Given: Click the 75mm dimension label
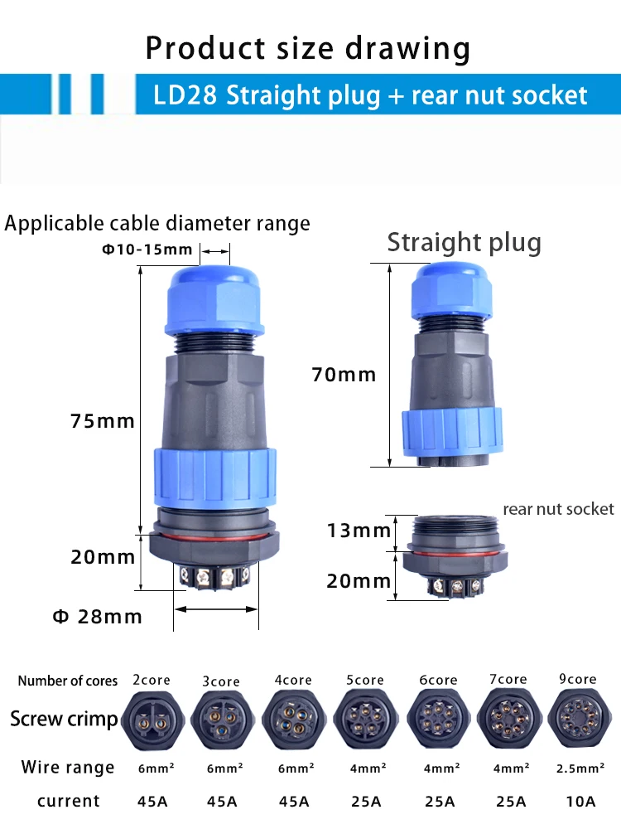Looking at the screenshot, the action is coord(103,421).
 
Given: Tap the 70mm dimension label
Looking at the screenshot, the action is coord(344,375).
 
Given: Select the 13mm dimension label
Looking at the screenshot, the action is coord(359,531).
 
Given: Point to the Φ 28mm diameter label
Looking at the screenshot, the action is coord(97,617).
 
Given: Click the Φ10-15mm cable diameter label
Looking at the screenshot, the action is coord(147,249).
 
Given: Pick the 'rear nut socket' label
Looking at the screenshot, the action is coord(558,509).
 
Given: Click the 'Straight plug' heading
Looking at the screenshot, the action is coord(465,243).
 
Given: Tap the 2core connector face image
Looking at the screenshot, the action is coord(152,719).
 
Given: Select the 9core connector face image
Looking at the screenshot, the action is coord(580,717).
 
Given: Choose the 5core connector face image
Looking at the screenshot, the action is coord(366,719).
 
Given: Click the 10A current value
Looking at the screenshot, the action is coord(580,802).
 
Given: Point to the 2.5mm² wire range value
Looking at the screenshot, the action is coord(580,768).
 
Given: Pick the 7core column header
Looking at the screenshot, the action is coord(508,679).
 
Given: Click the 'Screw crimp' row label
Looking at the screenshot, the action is coord(64,719).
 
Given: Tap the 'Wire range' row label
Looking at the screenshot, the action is coord(68,767).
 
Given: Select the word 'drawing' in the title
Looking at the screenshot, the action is coord(407,49).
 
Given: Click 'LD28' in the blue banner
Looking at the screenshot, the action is coord(185,95).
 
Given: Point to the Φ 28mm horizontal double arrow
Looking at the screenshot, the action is coord(216,609).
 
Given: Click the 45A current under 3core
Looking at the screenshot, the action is coord(222,802).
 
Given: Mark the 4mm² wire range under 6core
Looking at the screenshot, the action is coord(441,768).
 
